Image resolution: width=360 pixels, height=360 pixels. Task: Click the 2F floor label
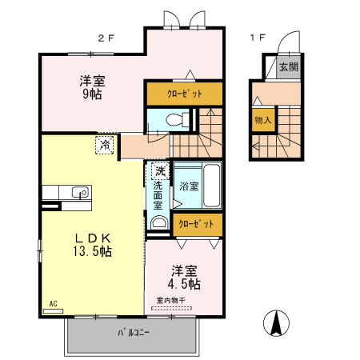(106, 38)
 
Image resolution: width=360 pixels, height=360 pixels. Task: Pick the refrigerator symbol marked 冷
(105, 145)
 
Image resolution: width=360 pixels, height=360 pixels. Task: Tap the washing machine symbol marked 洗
(160, 170)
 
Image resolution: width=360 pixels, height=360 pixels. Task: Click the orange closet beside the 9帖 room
(184, 94)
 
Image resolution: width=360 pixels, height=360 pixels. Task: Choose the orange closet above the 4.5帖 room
(195, 225)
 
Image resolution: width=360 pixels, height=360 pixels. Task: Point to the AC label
(53, 304)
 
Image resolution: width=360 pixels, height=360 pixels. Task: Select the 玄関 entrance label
(288, 68)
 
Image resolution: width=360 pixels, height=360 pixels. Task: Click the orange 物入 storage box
(262, 121)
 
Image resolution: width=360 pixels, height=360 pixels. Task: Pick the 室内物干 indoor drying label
(170, 301)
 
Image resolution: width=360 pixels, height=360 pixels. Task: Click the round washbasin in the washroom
(158, 223)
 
